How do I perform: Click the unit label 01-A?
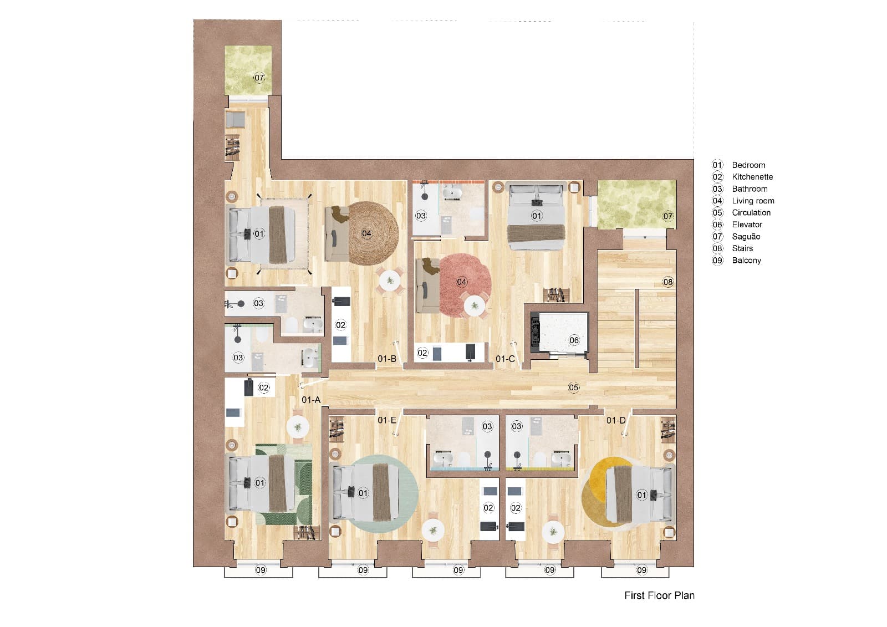pos(311,400)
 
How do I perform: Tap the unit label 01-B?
pos(386,359)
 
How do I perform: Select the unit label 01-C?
pos(504,359)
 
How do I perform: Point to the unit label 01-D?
pos(615,420)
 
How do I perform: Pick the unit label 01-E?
pos(386,420)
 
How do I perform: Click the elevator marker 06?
pos(574,340)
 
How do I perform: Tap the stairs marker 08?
pos(668,282)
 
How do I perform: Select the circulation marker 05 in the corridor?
pos(574,387)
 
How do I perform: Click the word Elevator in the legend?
pos(747,225)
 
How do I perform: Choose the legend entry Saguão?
pos(746,236)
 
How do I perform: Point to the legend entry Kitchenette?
pos(752,177)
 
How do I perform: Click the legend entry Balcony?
pos(746,260)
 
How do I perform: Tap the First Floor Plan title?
pos(659,595)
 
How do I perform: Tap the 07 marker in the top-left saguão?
pos(259,78)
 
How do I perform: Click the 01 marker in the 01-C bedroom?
pos(536,215)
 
